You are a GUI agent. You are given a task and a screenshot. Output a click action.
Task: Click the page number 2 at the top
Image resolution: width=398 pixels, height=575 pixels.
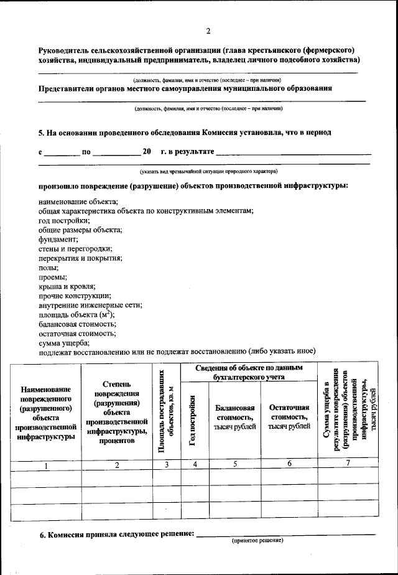[x=208, y=30]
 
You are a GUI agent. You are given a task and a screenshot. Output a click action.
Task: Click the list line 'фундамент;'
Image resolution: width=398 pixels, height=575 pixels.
[x=58, y=239]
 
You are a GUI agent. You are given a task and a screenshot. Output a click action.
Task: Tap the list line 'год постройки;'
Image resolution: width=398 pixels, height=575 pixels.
[x=64, y=220]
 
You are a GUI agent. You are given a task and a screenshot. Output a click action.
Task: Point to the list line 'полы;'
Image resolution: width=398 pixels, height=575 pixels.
[x=49, y=267]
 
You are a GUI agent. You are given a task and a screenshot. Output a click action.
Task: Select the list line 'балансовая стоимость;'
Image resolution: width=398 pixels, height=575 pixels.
[x=77, y=324]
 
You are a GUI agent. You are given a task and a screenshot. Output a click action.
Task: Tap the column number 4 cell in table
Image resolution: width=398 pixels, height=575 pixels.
[x=195, y=464]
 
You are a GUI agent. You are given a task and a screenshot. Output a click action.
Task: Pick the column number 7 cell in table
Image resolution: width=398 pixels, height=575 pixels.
[x=348, y=464]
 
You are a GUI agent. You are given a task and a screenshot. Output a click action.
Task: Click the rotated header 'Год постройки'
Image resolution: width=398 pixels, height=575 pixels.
[x=194, y=421]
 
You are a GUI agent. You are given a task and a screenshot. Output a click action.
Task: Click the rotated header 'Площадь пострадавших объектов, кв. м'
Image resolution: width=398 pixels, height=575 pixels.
[x=166, y=411]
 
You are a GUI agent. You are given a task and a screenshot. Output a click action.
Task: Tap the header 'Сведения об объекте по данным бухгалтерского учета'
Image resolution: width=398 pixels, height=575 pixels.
[x=249, y=372]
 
